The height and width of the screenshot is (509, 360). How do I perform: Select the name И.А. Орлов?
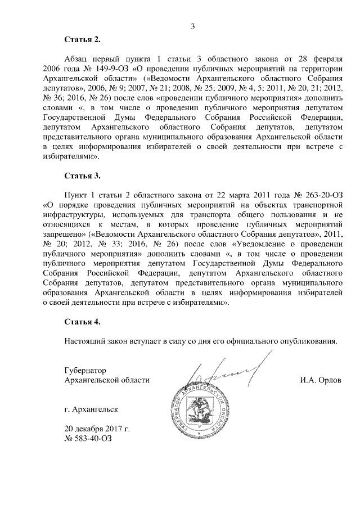coord(321,380)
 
